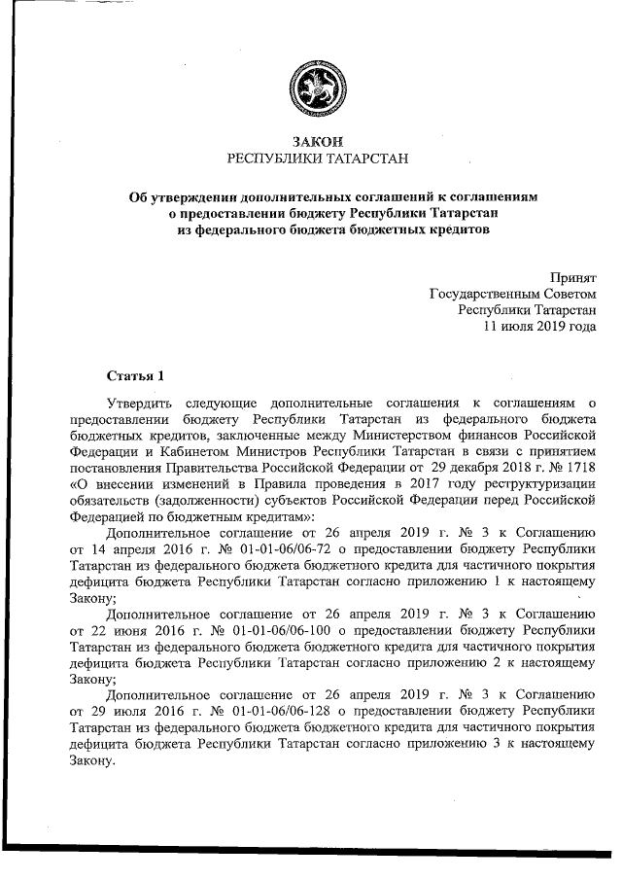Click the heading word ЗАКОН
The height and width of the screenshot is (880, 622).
[311, 142]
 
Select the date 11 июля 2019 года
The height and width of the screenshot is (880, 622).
[540, 327]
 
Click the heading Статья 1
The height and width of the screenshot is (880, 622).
[136, 374]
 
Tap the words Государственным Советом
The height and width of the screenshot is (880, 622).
[512, 294]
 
